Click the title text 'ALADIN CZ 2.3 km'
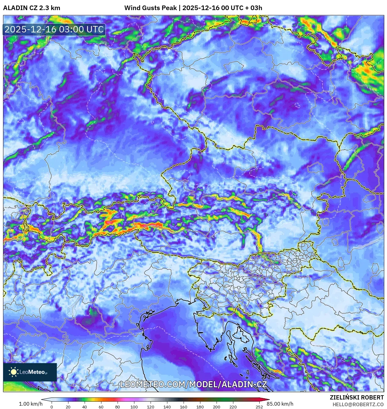[32, 8]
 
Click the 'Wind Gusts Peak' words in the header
[150, 8]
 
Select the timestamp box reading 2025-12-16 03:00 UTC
[54, 29]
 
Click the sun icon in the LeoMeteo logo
[14, 372]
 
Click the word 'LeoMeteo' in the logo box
[32, 372]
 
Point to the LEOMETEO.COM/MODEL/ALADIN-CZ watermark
[193, 385]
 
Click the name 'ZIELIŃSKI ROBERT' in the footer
[356, 397]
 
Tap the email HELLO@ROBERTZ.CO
[358, 404]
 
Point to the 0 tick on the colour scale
[52, 407]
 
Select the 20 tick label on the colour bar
[68, 407]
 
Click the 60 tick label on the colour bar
[101, 407]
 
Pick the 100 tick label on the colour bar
[134, 407]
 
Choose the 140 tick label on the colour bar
[167, 407]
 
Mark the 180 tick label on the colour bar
[200, 407]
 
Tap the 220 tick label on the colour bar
[233, 407]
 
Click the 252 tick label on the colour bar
[259, 407]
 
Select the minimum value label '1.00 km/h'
[31, 404]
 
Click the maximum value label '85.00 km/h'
[280, 404]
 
